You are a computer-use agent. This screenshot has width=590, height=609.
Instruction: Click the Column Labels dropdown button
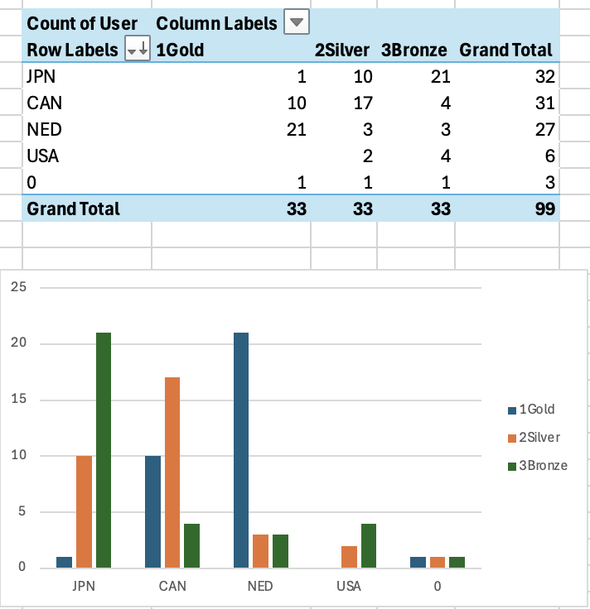click(x=296, y=22)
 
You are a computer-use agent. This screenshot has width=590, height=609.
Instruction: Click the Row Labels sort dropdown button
click(x=137, y=50)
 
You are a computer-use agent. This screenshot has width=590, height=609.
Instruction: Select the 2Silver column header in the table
click(x=343, y=50)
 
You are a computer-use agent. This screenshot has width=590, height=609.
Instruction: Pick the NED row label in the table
click(x=43, y=129)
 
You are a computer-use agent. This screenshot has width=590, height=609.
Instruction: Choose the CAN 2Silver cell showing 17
click(x=362, y=103)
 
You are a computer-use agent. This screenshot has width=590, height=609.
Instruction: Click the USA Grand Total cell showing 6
click(x=549, y=156)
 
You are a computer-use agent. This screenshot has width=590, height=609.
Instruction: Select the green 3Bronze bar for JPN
click(x=103, y=450)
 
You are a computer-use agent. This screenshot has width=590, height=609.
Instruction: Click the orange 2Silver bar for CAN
click(x=172, y=472)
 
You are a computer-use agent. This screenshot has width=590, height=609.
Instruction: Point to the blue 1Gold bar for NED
click(x=241, y=450)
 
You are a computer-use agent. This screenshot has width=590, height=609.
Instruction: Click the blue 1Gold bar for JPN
click(x=65, y=562)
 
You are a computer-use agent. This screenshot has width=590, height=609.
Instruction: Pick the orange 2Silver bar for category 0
click(x=438, y=562)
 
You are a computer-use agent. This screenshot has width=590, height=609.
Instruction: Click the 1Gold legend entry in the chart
click(x=536, y=409)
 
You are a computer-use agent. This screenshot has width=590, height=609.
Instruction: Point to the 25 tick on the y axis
click(x=19, y=288)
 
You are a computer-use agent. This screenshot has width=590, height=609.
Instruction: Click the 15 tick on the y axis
click(x=19, y=400)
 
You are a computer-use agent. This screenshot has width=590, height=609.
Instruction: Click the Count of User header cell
click(x=82, y=22)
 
